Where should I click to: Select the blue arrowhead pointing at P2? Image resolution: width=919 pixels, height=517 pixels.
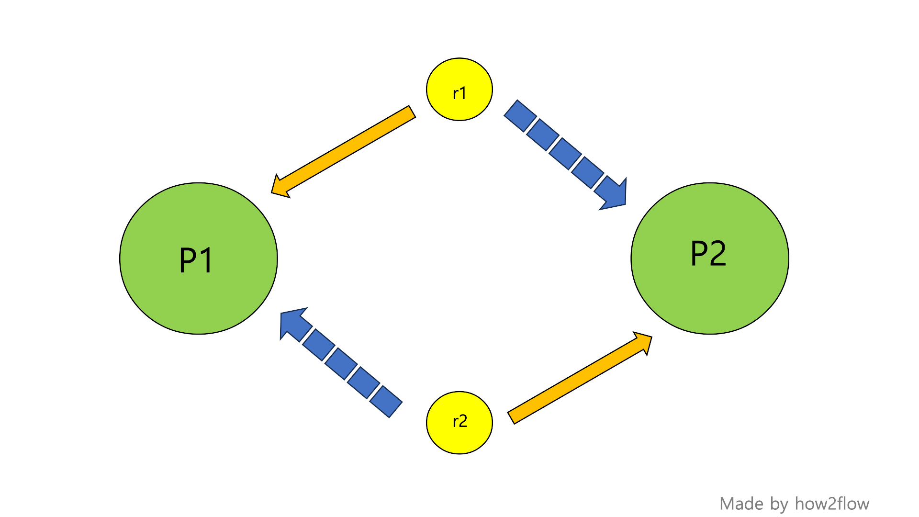point(615,196)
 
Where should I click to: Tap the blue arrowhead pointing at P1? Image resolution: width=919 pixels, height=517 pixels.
point(292,322)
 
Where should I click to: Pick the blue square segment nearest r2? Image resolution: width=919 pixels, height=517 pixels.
point(386,401)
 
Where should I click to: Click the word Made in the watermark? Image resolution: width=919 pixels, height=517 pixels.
point(741,504)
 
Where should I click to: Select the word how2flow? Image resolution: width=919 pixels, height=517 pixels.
point(832,504)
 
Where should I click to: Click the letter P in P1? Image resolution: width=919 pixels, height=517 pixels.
point(188,260)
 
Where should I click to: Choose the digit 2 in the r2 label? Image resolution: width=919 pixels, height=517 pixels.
point(463,421)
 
